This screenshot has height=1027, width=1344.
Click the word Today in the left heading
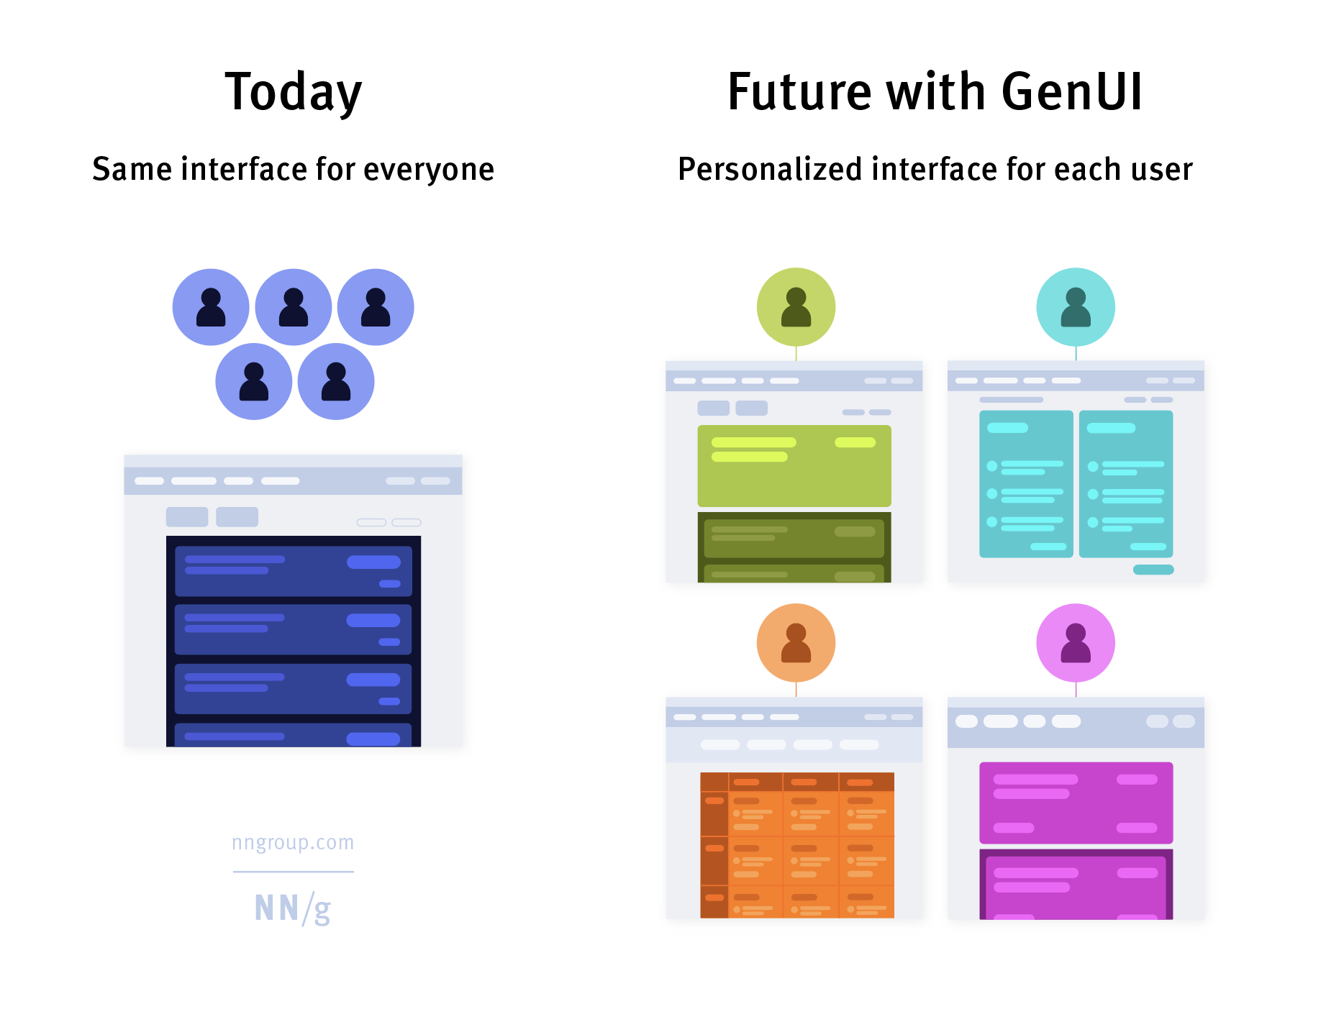click(x=293, y=92)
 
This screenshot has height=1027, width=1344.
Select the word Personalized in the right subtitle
click(x=769, y=170)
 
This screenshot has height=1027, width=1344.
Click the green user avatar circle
click(x=796, y=307)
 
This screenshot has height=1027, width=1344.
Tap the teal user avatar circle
click(x=1075, y=307)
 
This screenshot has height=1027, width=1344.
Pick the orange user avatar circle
click(x=796, y=642)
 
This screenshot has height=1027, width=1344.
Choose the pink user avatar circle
click(x=1075, y=642)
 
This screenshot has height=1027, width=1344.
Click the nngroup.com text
click(x=293, y=842)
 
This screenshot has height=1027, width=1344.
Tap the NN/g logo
click(x=293, y=908)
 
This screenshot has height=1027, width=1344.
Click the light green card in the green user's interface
click(x=794, y=475)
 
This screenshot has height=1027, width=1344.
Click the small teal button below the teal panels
click(x=1153, y=570)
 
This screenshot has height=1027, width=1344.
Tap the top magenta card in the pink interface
click(x=1076, y=803)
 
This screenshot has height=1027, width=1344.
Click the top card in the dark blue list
click(x=293, y=571)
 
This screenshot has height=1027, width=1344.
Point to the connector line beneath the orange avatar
click(x=796, y=689)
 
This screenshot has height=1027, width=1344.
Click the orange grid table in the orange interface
click(x=797, y=845)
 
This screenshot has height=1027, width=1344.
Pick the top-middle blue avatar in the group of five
click(x=293, y=307)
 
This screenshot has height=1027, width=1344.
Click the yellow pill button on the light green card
click(x=855, y=442)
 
